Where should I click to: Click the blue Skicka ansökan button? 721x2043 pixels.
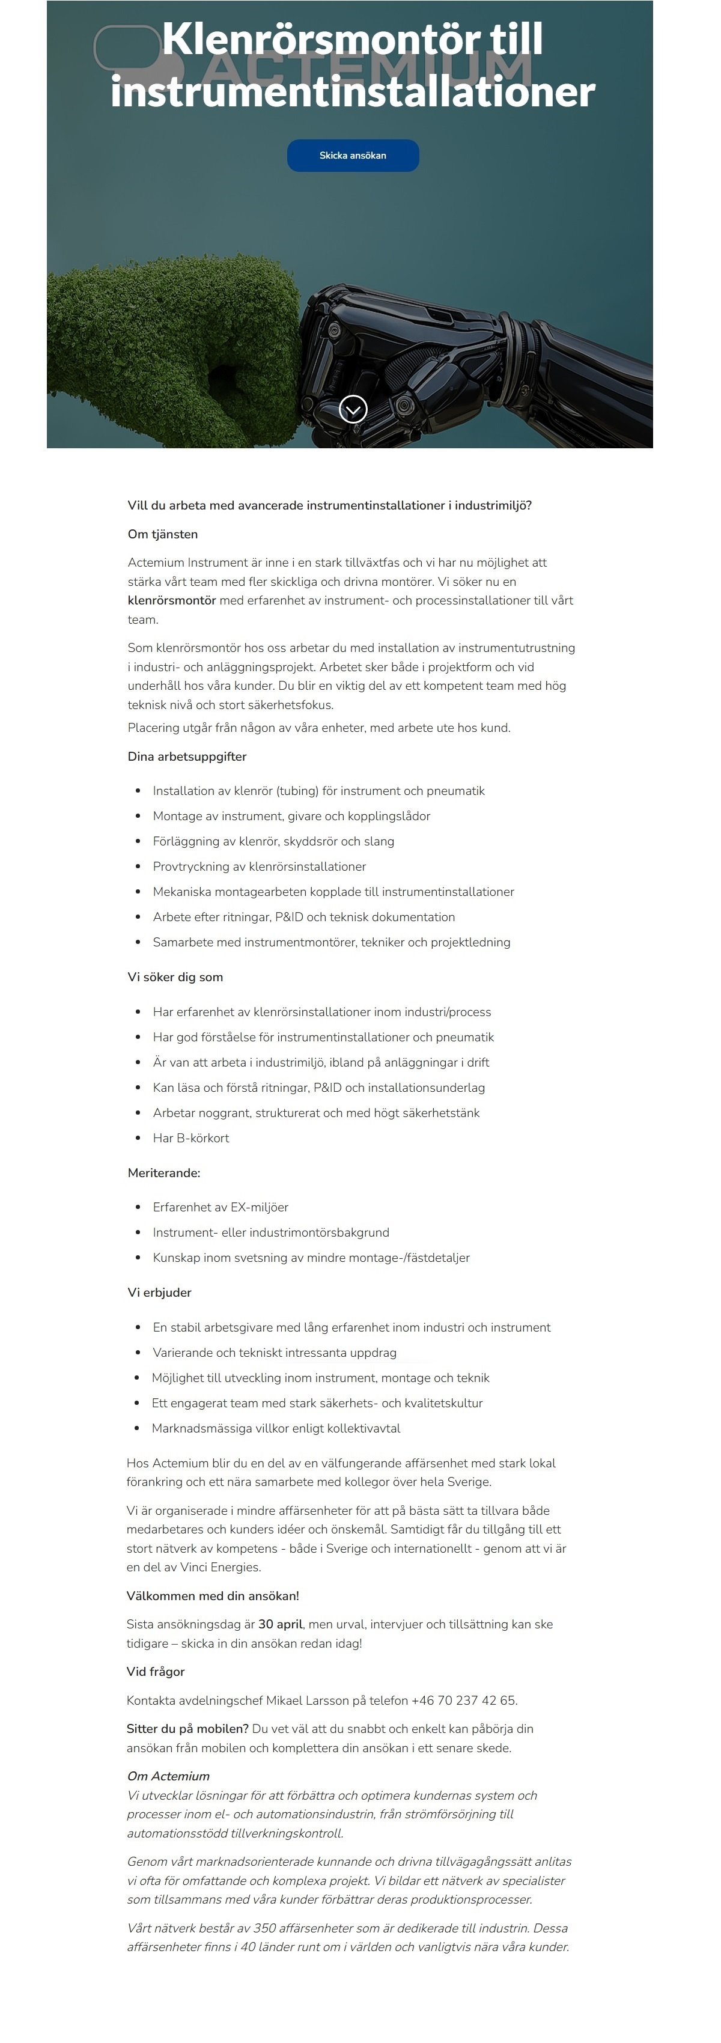[x=352, y=156]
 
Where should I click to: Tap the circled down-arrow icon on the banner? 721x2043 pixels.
[x=353, y=409]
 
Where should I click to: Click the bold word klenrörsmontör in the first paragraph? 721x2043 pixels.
[x=171, y=600]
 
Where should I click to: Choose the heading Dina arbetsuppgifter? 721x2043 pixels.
[x=187, y=757]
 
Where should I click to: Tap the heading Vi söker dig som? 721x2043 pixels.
[x=175, y=977]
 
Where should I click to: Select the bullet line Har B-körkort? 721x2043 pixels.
[x=191, y=1138]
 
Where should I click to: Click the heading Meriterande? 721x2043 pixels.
[x=164, y=1173]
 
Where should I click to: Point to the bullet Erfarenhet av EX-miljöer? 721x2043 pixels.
[x=221, y=1207]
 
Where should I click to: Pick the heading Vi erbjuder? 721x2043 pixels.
[x=159, y=1292]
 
